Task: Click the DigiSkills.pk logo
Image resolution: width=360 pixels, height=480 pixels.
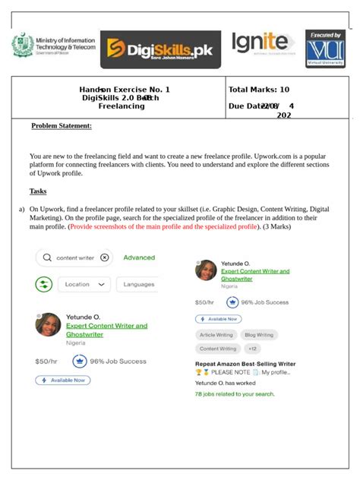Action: (x=160, y=50)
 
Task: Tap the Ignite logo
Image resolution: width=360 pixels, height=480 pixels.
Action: (x=261, y=43)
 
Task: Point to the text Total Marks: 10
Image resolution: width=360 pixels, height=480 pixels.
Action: (x=258, y=90)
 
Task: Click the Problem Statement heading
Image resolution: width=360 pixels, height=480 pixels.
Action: (x=62, y=125)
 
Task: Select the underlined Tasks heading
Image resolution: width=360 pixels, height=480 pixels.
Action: (x=38, y=191)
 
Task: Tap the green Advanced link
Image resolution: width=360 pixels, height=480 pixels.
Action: (x=139, y=257)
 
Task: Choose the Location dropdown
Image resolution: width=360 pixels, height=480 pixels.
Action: (x=86, y=284)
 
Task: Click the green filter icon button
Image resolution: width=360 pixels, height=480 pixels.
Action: (x=44, y=284)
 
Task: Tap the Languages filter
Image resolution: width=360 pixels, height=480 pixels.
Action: (x=139, y=284)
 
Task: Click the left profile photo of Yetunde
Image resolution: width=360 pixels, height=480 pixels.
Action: (x=48, y=324)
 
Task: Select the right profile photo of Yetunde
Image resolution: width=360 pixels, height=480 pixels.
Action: (x=206, y=270)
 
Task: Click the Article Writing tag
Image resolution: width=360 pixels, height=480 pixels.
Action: (x=216, y=334)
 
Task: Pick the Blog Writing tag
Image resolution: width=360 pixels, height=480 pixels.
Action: (x=258, y=334)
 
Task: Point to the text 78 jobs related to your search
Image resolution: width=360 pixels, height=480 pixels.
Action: (x=235, y=394)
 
